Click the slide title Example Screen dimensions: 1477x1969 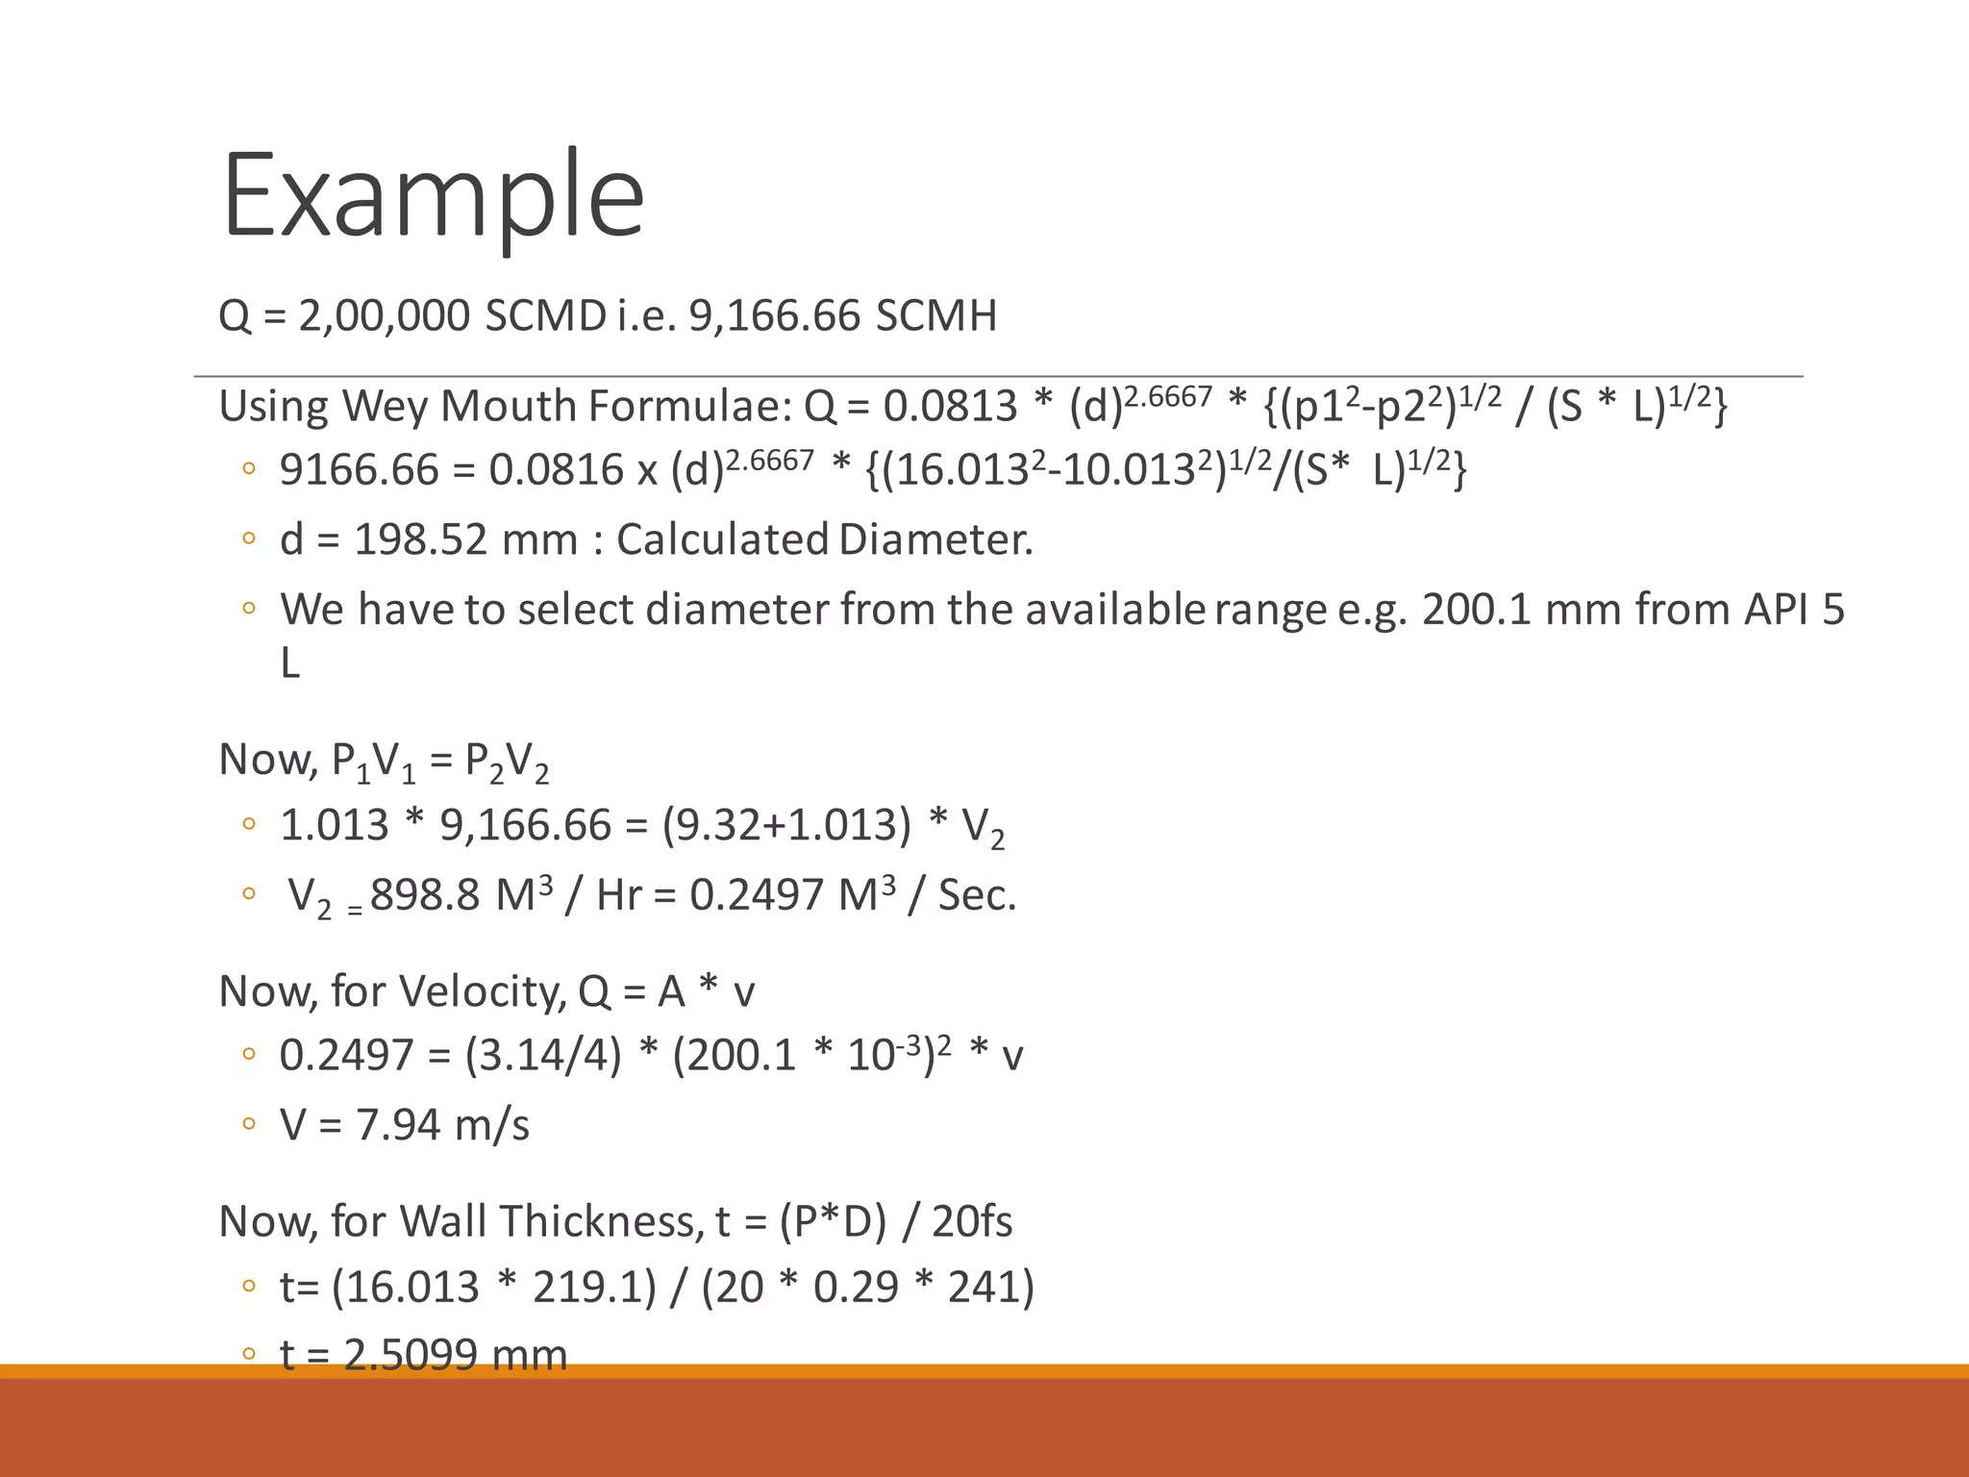click(433, 195)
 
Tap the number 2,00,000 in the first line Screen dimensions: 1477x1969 click(384, 315)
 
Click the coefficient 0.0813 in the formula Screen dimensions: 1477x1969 click(950, 407)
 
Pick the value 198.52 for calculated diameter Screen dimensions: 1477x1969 click(421, 539)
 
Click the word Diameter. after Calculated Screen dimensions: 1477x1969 click(935, 539)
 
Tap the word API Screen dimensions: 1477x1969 click(1776, 610)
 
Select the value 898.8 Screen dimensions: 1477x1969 click(424, 895)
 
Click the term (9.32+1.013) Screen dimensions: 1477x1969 click(786, 825)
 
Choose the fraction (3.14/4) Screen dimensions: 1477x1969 click(543, 1056)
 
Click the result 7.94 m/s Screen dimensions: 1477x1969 click(442, 1125)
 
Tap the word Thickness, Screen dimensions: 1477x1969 click(601, 1222)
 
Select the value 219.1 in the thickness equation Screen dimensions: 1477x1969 click(594, 1287)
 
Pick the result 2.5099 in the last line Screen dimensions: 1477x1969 click(411, 1355)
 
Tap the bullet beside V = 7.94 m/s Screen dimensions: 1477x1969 click(249, 1123)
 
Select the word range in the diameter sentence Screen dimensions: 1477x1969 click(1269, 610)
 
